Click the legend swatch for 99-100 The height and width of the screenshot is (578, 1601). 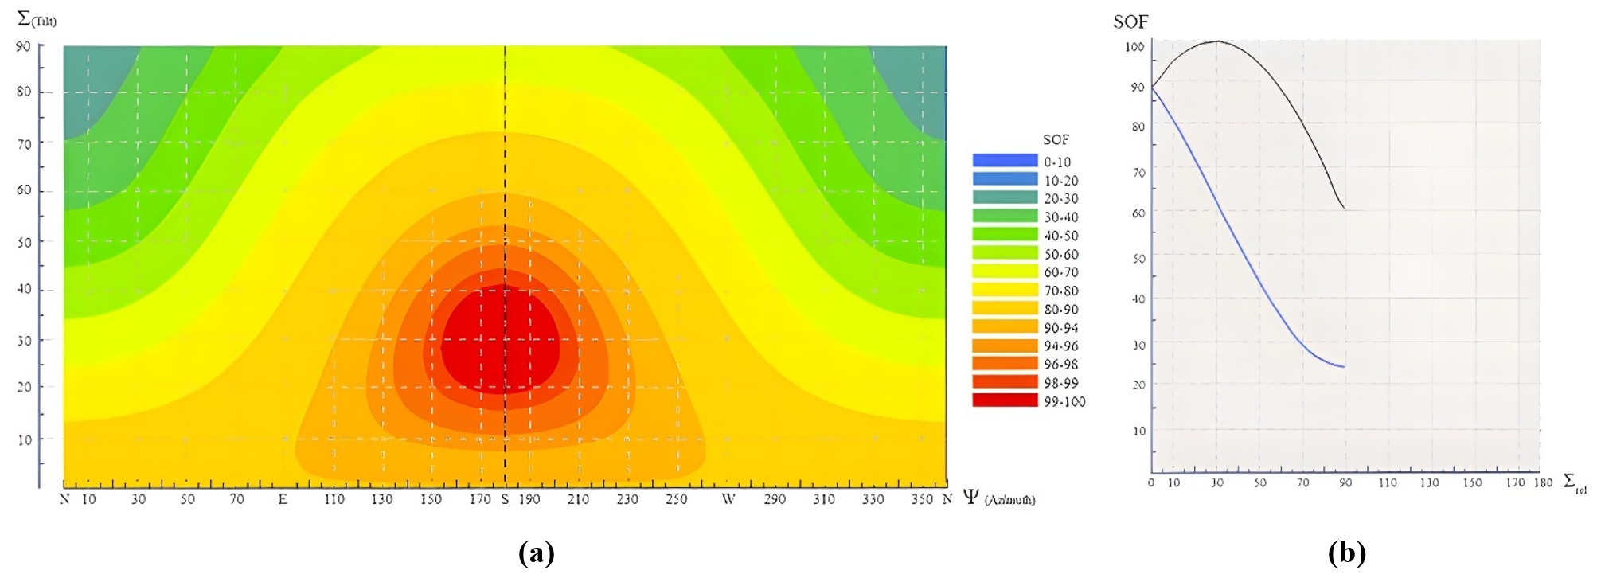[1005, 400]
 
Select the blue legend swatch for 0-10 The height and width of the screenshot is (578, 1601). [1005, 161]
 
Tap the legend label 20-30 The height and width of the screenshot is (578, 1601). [1061, 198]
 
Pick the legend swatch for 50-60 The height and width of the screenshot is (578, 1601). [1005, 253]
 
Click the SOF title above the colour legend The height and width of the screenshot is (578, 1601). [1056, 139]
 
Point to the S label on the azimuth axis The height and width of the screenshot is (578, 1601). [505, 499]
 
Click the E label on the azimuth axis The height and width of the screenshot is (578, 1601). [283, 499]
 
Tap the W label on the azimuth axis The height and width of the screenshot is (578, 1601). [728, 499]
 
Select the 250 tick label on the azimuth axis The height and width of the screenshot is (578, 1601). [677, 499]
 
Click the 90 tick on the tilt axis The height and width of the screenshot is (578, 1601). [24, 46]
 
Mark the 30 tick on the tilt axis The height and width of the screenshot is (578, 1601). [24, 341]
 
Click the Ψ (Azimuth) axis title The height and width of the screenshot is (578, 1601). [998, 498]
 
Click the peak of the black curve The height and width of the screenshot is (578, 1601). [1217, 41]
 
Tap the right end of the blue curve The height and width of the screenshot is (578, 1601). [1345, 367]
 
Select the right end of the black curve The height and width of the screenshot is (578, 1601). [1345, 209]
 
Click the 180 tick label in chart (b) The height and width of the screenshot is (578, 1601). [1542, 482]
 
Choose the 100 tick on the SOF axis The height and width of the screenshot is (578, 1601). [1134, 47]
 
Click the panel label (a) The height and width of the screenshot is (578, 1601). [536, 553]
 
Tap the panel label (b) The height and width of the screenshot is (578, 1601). [1346, 553]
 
